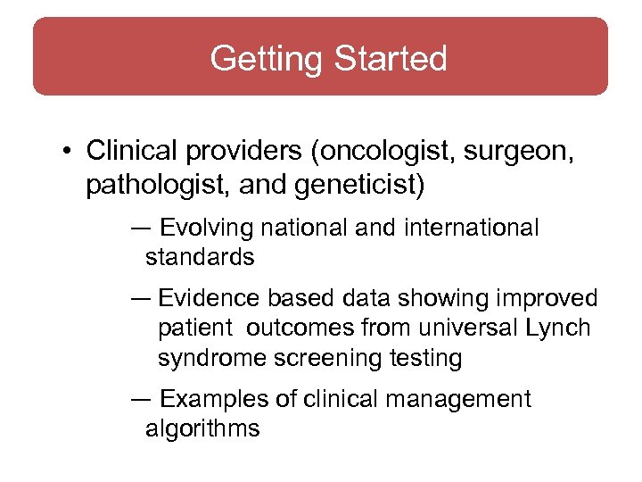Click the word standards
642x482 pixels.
[x=200, y=258]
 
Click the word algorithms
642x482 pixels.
[x=202, y=428]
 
